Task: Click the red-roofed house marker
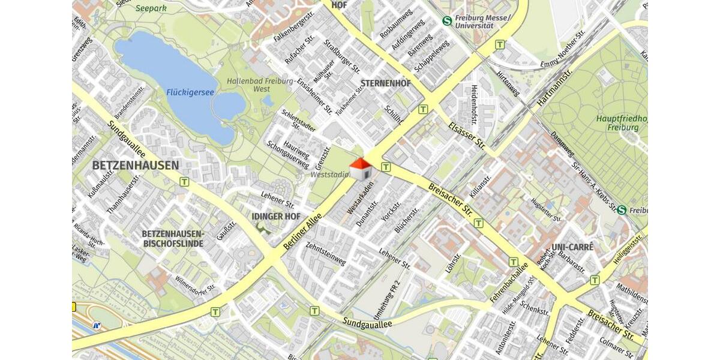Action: coord(360,169)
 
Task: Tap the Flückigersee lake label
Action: coord(190,92)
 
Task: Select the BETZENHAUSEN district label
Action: coord(136,165)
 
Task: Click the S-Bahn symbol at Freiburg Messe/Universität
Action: coord(447,20)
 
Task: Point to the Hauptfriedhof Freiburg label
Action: coord(622,123)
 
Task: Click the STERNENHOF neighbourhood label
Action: coord(386,83)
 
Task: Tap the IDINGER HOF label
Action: coord(276,216)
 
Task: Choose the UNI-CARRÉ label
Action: coord(572,247)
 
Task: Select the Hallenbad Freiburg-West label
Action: coord(260,85)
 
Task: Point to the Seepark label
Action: coord(151,8)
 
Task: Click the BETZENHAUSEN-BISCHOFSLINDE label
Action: coord(173,238)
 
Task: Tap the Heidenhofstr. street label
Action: coord(474,104)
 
